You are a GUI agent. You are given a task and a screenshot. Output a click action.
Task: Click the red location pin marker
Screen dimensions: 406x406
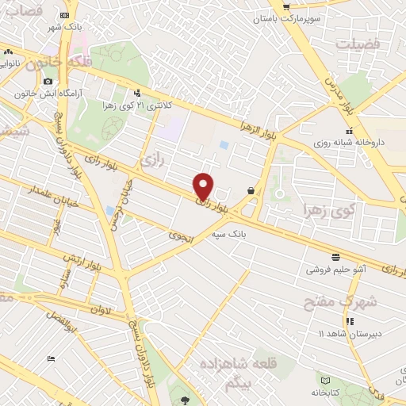(x=204, y=186)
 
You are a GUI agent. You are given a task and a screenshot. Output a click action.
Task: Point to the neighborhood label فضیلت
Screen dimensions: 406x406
(x=358, y=44)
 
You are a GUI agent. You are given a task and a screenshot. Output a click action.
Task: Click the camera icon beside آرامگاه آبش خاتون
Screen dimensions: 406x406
(x=48, y=82)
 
